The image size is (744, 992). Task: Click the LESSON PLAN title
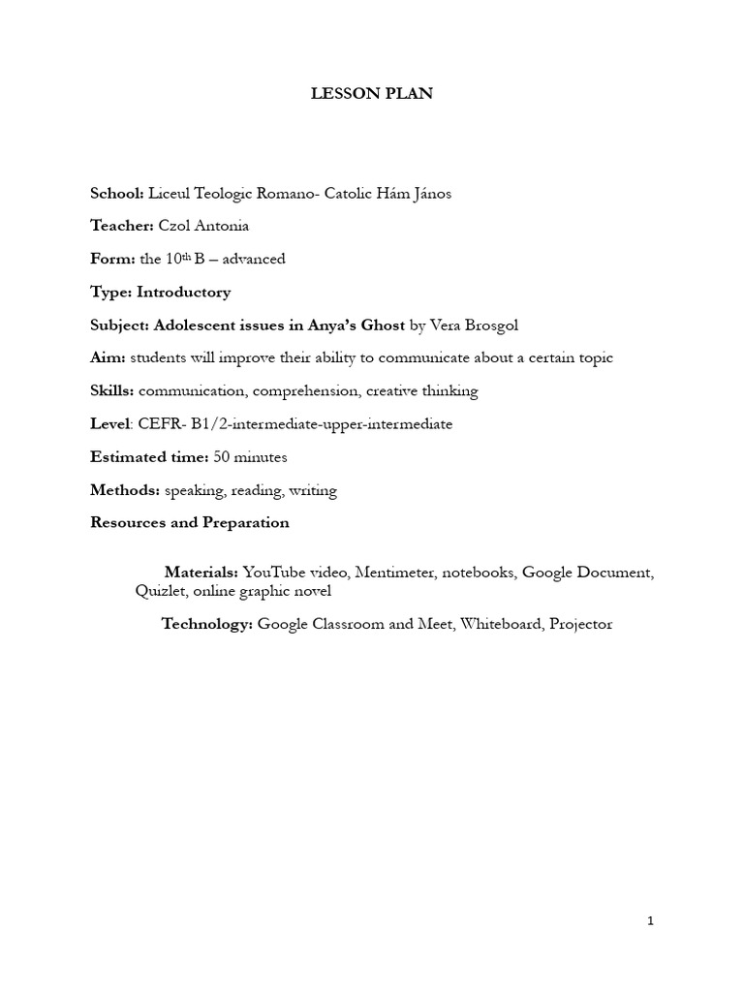click(371, 94)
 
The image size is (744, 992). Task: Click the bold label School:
click(116, 194)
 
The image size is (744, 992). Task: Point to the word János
click(429, 194)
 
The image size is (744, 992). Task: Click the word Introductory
click(184, 293)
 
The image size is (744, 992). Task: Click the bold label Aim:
click(108, 358)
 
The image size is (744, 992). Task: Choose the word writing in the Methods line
click(313, 490)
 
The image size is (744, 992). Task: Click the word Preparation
click(245, 523)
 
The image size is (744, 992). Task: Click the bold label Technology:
click(207, 625)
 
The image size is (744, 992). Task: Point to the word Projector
click(580, 625)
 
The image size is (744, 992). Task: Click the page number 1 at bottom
click(651, 921)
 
